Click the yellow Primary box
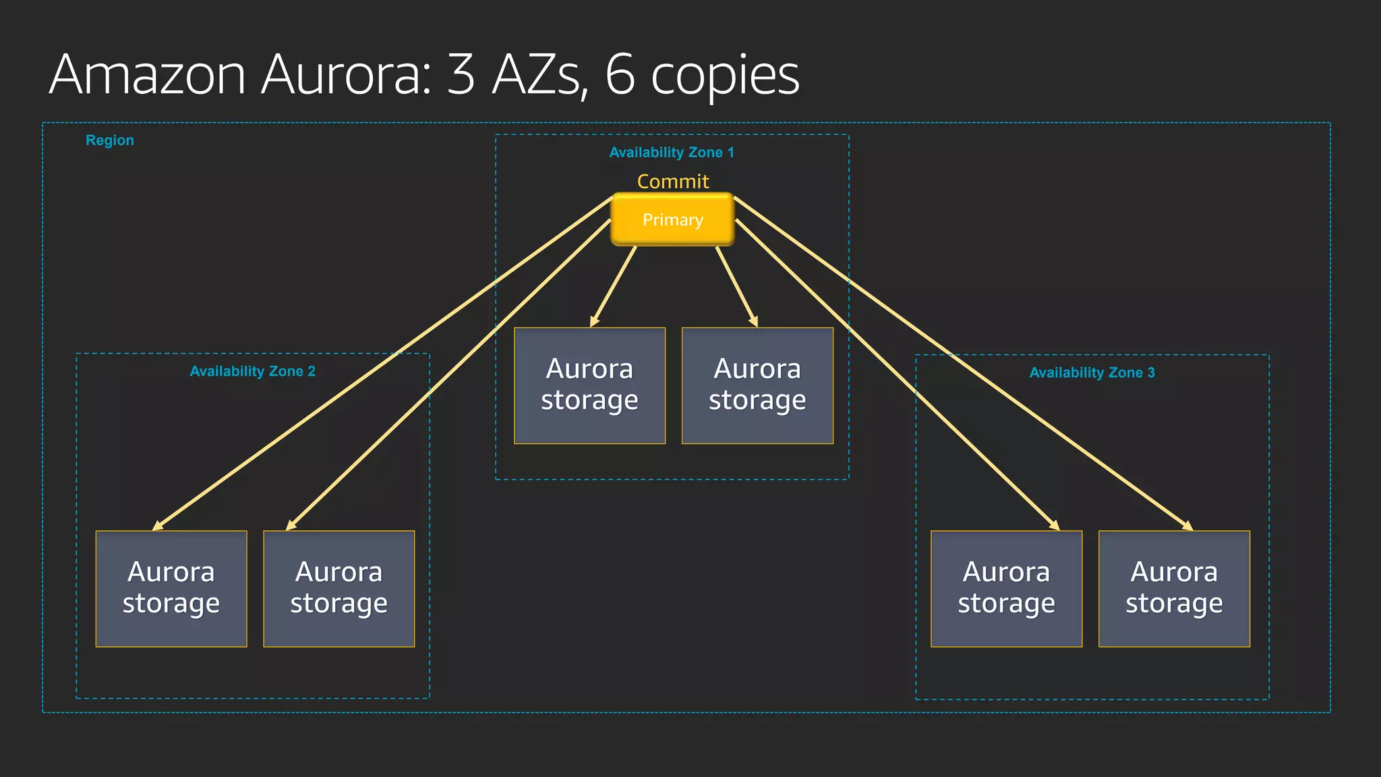click(672, 220)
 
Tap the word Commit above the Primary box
click(673, 181)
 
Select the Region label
click(109, 140)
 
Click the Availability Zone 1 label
click(672, 152)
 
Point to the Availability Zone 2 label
click(252, 372)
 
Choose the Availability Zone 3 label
click(1092, 373)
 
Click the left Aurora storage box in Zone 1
click(589, 386)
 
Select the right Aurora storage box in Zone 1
click(757, 386)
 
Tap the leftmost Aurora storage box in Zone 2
click(171, 588)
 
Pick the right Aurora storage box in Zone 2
click(339, 588)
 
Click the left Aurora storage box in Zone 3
click(1006, 588)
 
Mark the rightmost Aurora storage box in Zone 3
click(1174, 588)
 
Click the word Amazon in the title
click(147, 76)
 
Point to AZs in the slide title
click(537, 76)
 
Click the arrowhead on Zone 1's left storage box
click(594, 322)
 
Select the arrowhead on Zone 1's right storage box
click(754, 322)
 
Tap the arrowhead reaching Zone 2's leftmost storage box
click(158, 526)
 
